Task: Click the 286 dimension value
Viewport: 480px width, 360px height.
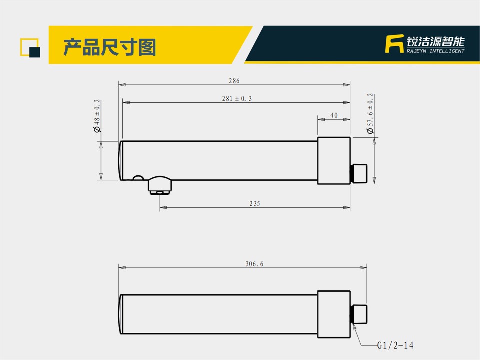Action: (x=234, y=81)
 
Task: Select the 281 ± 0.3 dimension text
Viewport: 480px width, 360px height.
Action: (x=237, y=98)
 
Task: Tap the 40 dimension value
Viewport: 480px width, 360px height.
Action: (x=334, y=115)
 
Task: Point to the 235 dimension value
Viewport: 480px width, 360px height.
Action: (x=255, y=204)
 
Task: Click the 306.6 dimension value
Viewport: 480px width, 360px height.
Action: (x=254, y=264)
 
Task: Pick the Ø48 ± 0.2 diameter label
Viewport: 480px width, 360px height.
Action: (x=97, y=116)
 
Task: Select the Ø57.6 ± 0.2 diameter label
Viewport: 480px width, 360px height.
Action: (x=370, y=113)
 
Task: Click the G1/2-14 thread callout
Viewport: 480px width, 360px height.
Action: (x=395, y=346)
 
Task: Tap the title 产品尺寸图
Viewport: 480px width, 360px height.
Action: (x=110, y=47)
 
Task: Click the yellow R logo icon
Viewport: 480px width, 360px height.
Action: (x=394, y=44)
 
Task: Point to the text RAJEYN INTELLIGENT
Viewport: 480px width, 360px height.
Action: (x=435, y=51)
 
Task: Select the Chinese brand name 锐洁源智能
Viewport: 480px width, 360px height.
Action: (x=435, y=41)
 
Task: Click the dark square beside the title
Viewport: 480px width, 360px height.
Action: (x=35, y=52)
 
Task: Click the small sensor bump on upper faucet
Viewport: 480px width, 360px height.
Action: (x=138, y=178)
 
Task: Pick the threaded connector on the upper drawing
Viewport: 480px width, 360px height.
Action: (x=359, y=174)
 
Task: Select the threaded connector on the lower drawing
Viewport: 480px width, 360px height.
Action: (x=359, y=314)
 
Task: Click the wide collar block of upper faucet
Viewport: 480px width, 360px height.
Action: (x=334, y=161)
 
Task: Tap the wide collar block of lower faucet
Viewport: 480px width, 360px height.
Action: (x=334, y=314)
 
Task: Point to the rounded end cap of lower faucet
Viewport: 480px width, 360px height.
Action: (x=121, y=314)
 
